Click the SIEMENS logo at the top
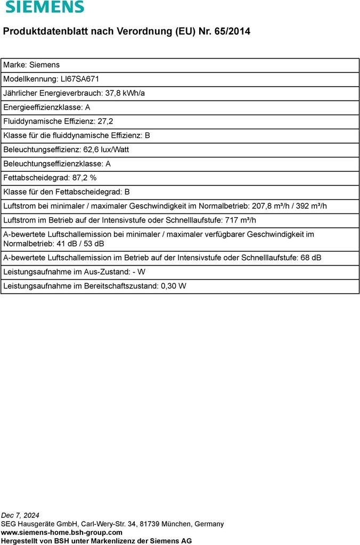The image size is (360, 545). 45,7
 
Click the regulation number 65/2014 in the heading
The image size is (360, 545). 232,31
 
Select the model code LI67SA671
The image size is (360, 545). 80,79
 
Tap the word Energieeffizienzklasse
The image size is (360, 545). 43,107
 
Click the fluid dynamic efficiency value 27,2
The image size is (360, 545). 105,121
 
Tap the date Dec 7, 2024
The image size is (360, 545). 20,515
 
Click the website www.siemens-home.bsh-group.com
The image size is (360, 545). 62,532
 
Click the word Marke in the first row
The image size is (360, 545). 14,65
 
